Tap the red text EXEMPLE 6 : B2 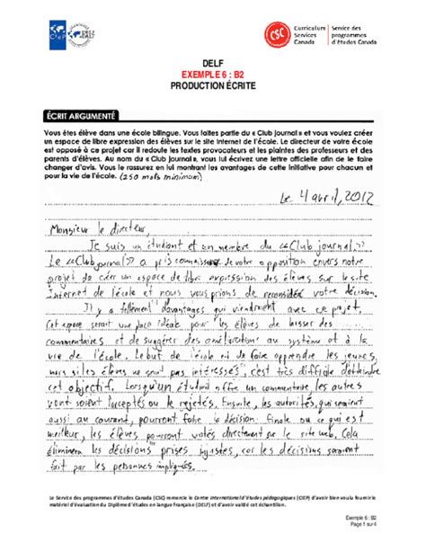click(x=212, y=78)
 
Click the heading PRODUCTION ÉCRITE click(x=212, y=90)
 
